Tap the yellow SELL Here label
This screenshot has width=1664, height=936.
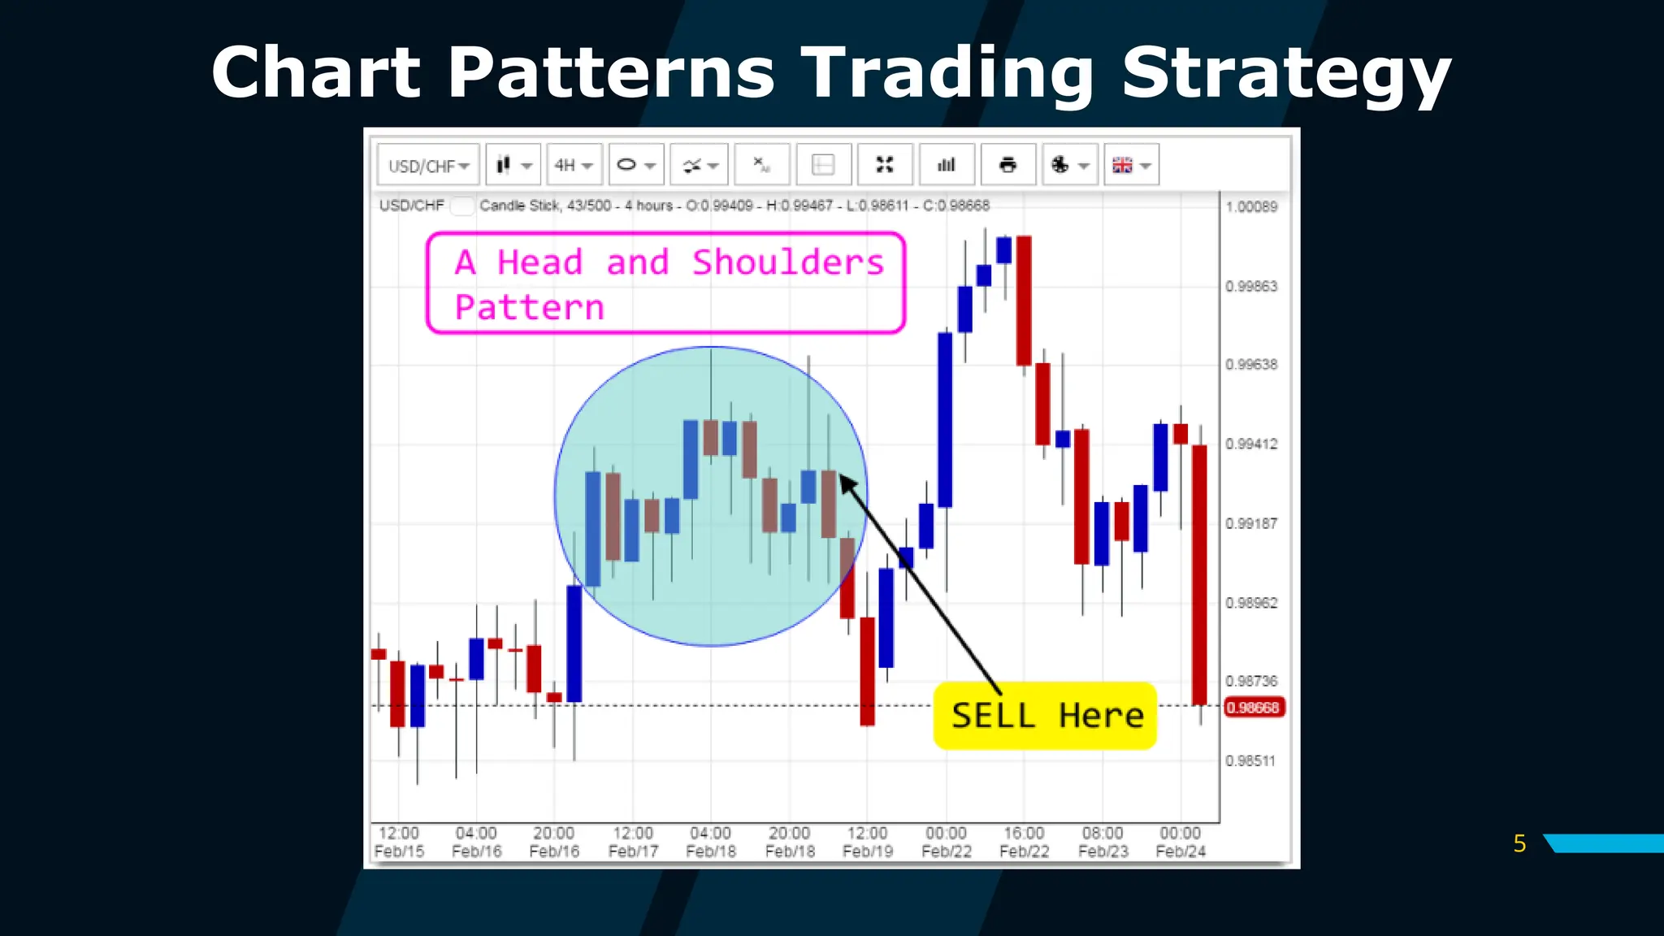click(x=1045, y=716)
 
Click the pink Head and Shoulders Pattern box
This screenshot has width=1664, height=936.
click(x=665, y=283)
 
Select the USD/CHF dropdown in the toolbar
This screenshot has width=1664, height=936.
click(x=428, y=166)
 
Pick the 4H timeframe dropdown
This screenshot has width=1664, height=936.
click(x=574, y=166)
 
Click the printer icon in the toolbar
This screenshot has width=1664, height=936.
click(x=1007, y=166)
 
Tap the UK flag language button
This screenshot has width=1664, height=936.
click(x=1130, y=166)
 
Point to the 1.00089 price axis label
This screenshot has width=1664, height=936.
click(x=1251, y=207)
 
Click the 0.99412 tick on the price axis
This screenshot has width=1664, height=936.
click(x=1251, y=444)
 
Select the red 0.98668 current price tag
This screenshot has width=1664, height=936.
click(x=1253, y=708)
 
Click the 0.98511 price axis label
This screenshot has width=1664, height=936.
click(x=1250, y=761)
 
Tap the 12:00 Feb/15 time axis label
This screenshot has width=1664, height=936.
click(x=399, y=842)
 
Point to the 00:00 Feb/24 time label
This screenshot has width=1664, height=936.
click(x=1181, y=842)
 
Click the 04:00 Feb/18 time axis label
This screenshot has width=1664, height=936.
click(x=711, y=842)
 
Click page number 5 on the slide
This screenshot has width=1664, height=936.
click(x=1519, y=843)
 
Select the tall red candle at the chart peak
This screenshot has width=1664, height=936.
click(x=1024, y=301)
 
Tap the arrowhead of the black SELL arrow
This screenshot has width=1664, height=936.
click(x=847, y=483)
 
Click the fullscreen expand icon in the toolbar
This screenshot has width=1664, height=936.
click(x=885, y=166)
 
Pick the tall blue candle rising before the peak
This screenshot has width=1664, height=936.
click(x=945, y=419)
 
